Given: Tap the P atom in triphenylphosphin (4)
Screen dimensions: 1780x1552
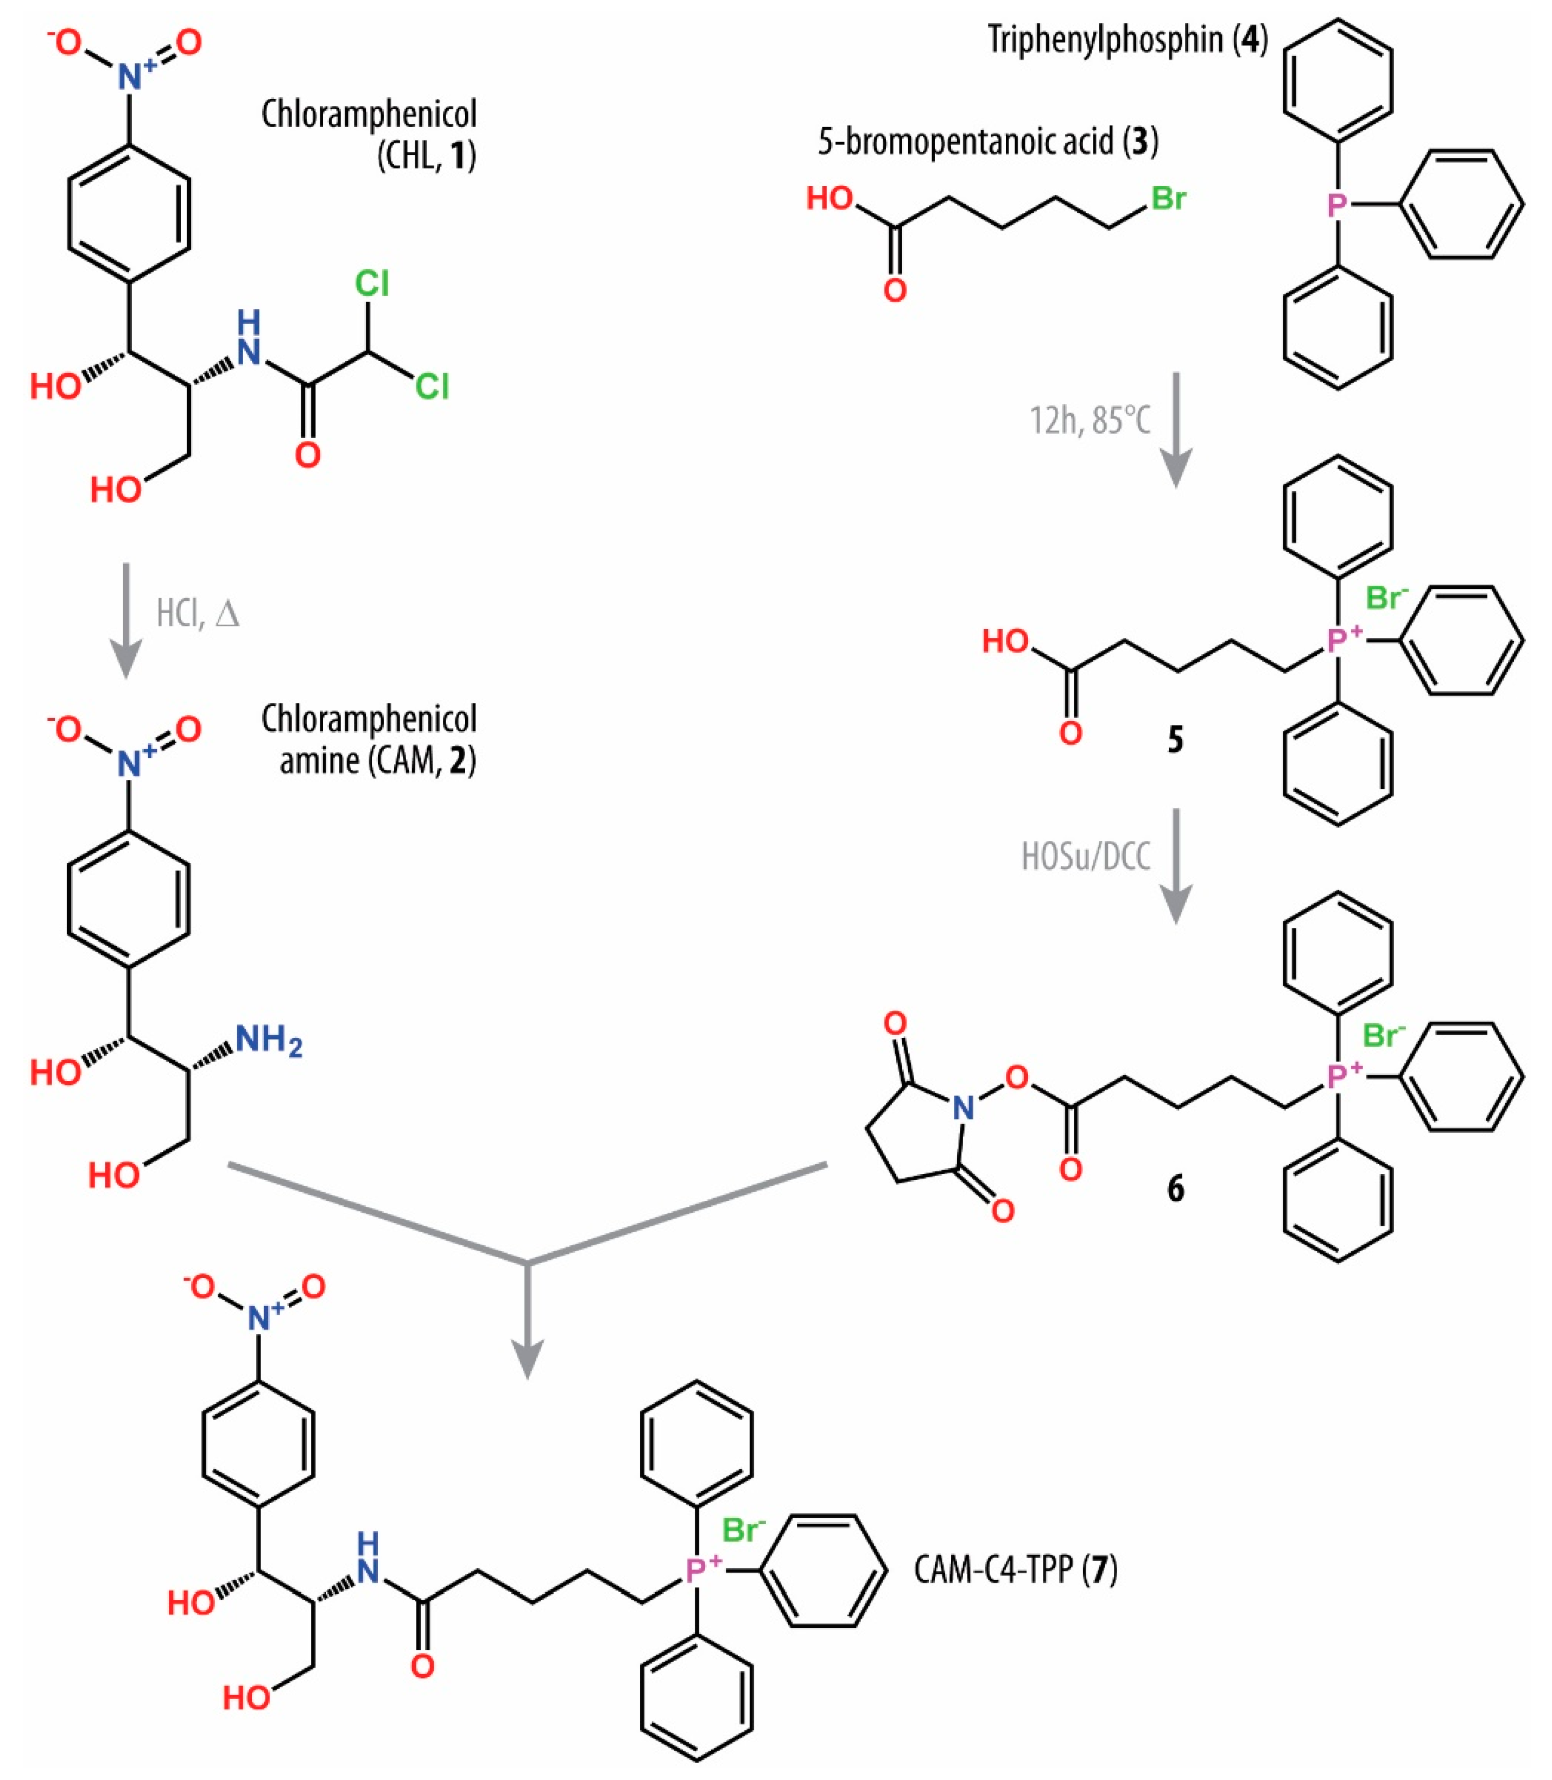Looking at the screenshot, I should [1337, 205].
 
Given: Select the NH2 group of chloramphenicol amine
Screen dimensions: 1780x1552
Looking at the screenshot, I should [269, 1040].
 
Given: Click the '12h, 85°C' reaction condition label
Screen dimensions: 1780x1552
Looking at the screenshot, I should [1089, 420].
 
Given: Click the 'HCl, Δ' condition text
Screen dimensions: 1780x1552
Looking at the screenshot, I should [198, 613].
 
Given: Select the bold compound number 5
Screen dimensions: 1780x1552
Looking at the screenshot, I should [1175, 740].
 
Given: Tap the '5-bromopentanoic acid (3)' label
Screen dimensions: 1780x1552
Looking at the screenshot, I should [988, 141].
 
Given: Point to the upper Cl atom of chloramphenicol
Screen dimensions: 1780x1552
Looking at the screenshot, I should [372, 283].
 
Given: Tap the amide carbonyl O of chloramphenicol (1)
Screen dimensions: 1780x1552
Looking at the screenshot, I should [307, 454].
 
